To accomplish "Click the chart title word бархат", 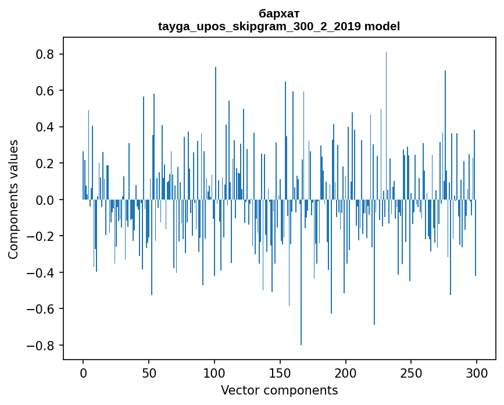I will pyautogui.click(x=279, y=13).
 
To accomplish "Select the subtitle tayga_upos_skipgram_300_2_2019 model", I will pyautogui.click(x=279, y=26).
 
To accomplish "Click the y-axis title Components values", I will pyautogui.click(x=13, y=199).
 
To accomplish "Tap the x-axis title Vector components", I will pyautogui.click(x=279, y=390).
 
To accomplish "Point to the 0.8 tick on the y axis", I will pyautogui.click(x=46, y=54).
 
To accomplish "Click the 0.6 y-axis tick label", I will pyautogui.click(x=46, y=91).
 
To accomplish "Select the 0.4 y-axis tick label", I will pyautogui.click(x=46, y=127).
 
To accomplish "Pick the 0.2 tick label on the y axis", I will pyautogui.click(x=46, y=164).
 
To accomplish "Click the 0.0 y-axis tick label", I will pyautogui.click(x=46, y=200).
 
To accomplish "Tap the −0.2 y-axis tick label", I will pyautogui.click(x=42, y=236).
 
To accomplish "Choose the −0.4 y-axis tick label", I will pyautogui.click(x=42, y=272).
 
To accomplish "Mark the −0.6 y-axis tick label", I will pyautogui.click(x=42, y=309).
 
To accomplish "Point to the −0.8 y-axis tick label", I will pyautogui.click(x=42, y=345).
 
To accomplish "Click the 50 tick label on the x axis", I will pyautogui.click(x=149, y=372).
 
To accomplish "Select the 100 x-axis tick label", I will pyautogui.click(x=215, y=372).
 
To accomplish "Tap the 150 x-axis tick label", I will pyautogui.click(x=280, y=372).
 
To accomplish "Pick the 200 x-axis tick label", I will pyautogui.click(x=346, y=372).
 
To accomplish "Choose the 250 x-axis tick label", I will pyautogui.click(x=412, y=372).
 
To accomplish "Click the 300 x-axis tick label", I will pyautogui.click(x=477, y=372).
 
